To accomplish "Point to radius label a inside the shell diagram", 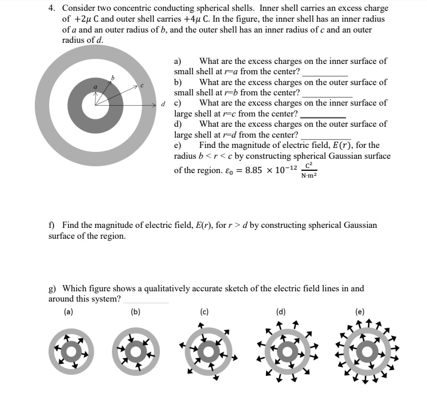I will click(x=96, y=86).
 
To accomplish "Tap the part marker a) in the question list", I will click(x=178, y=61).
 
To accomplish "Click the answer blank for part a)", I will click(x=325, y=73).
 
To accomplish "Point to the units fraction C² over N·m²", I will click(x=308, y=170).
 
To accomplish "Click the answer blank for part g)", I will click(x=146, y=299).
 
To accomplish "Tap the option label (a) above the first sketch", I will click(x=68, y=312).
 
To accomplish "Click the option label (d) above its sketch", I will click(x=280, y=312).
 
